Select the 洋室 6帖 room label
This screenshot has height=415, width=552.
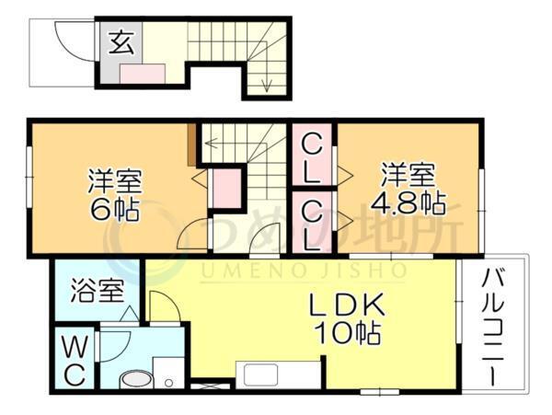pos(114,193)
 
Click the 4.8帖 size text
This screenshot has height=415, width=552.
pos(408,201)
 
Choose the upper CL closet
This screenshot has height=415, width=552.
pos(313,157)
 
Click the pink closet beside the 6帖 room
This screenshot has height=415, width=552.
pos(224,188)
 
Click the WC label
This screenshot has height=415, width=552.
pos(75,360)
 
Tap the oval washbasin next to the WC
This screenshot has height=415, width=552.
pos(136,379)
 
